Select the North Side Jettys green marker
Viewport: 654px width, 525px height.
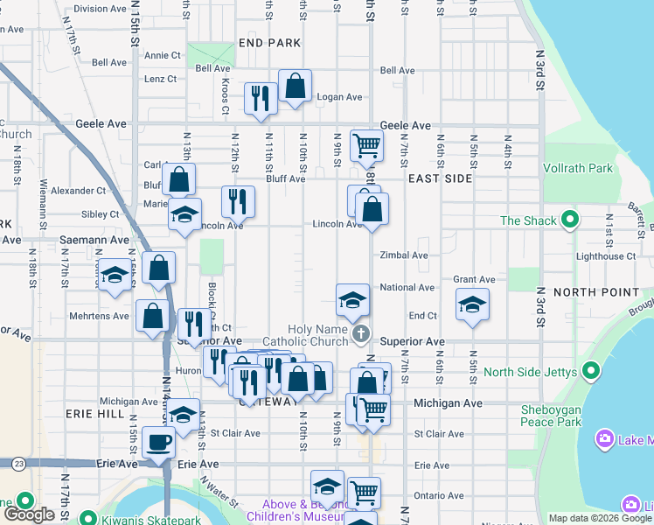point(592,372)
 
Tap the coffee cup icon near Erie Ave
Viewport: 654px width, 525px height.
point(159,442)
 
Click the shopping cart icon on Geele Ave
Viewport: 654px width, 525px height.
point(367,145)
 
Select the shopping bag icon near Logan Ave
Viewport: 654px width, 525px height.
point(296,86)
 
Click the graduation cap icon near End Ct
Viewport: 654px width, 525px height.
point(472,304)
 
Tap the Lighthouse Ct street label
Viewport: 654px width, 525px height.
point(606,256)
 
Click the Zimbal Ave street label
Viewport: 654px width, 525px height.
point(403,255)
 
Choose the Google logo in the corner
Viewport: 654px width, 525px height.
point(30,514)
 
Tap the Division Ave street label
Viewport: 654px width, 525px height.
point(100,9)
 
